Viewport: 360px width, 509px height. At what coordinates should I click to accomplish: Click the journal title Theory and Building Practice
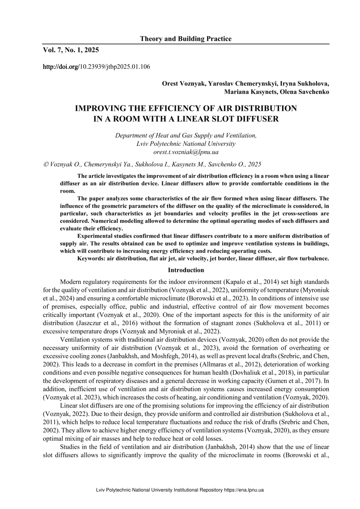(186, 39)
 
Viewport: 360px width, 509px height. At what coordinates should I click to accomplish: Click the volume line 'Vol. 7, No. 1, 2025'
(71, 50)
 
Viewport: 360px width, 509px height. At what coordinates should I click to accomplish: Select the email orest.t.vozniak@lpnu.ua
(186, 152)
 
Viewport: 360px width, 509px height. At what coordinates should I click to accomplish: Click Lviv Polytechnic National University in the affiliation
(186, 144)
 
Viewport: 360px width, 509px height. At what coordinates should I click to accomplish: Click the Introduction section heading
(186, 270)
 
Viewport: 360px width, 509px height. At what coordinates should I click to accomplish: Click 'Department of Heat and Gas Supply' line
(186, 135)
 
